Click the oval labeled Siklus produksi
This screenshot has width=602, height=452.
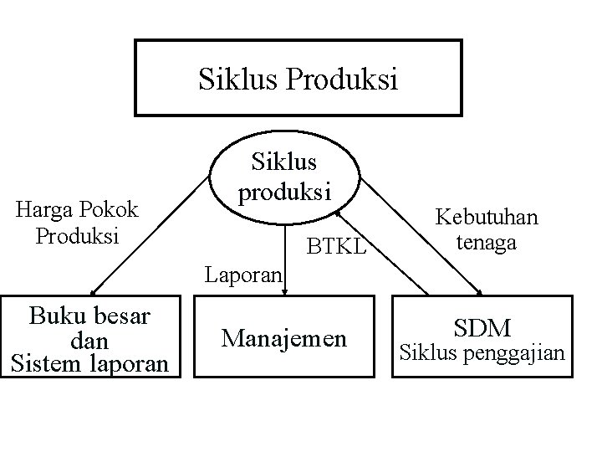[x=284, y=175]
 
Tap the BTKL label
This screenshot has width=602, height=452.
[x=336, y=247]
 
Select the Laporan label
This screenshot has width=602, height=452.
[x=244, y=273]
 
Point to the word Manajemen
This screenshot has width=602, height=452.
[x=283, y=338]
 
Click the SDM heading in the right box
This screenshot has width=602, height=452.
[x=482, y=327]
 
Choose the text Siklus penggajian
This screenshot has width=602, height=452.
[x=482, y=352]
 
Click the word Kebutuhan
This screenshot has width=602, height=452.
[x=486, y=218]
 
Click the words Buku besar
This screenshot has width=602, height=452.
[x=89, y=316]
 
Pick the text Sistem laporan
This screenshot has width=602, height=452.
[x=89, y=363]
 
